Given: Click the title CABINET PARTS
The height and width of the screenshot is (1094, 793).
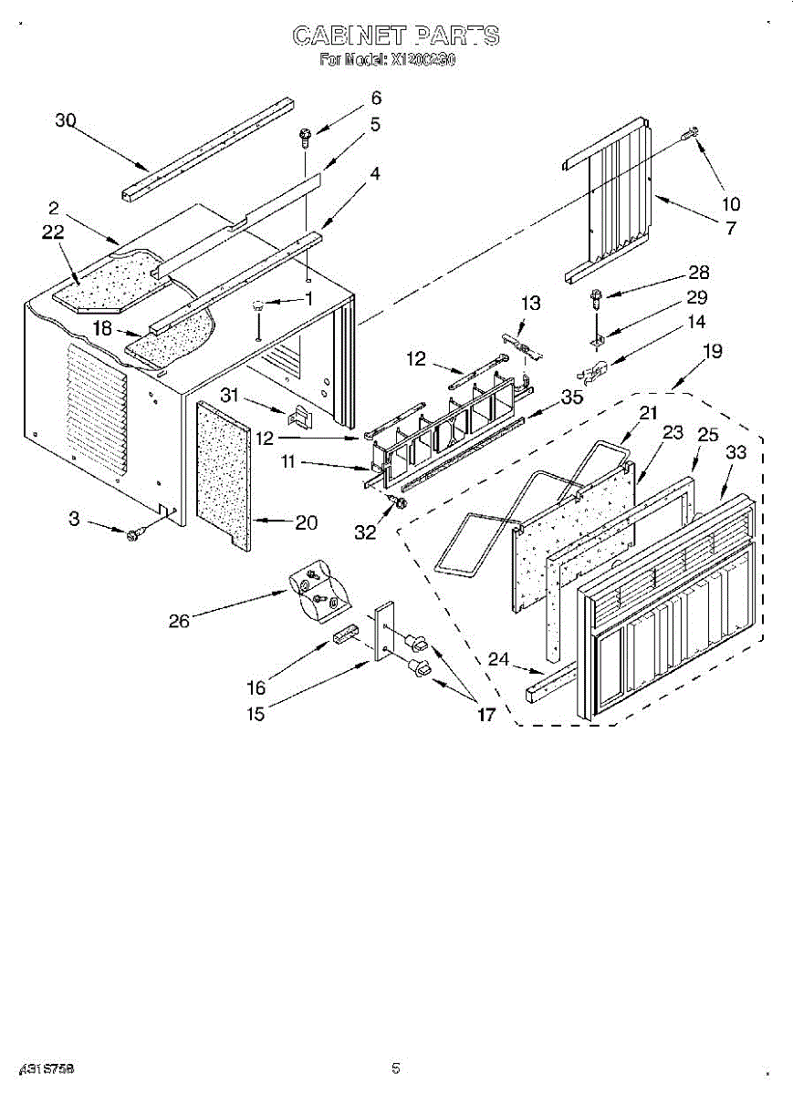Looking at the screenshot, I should (396, 36).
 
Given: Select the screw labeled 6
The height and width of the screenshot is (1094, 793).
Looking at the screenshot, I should (305, 138).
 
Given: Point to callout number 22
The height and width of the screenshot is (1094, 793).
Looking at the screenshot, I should (53, 232).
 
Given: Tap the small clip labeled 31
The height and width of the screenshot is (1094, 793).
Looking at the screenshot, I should (297, 416).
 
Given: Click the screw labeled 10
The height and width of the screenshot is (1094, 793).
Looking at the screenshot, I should (691, 135).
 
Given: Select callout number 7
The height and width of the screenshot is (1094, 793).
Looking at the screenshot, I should (730, 229).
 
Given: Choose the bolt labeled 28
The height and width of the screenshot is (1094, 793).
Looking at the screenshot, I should (595, 294).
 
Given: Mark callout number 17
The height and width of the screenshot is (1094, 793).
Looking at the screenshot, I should (486, 715).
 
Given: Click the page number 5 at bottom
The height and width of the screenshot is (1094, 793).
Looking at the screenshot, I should (396, 1068).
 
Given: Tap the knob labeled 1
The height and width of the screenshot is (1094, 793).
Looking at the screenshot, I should (259, 306).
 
